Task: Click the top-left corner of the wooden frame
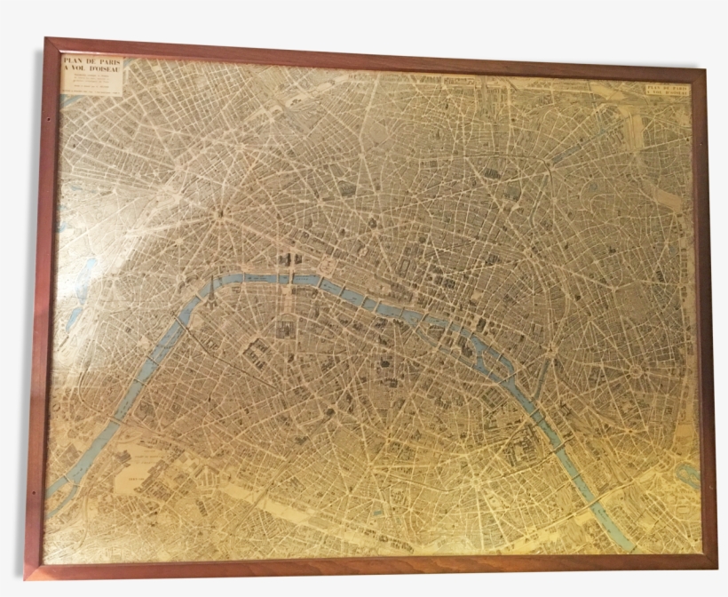pyautogui.click(x=46, y=40)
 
